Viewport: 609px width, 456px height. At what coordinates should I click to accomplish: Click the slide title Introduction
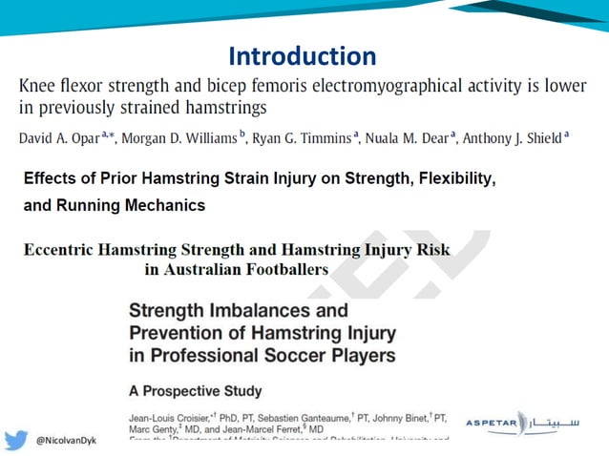[x=304, y=55]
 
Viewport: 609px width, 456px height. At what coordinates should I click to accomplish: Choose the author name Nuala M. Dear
[x=406, y=138]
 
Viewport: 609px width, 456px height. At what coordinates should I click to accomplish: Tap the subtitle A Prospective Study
[x=195, y=391]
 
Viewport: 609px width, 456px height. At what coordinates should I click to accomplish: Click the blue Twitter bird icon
[x=16, y=441]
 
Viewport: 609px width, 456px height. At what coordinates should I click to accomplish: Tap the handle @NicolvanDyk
[x=67, y=442]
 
